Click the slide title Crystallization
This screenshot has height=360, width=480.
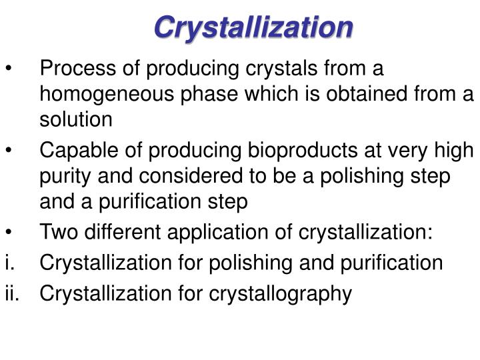pos(253,27)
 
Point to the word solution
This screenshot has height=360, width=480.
pos(76,120)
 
